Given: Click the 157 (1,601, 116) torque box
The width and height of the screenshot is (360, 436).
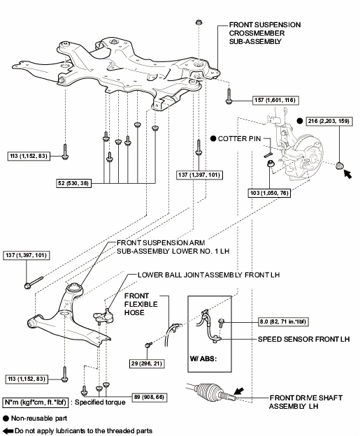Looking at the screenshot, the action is [275, 100].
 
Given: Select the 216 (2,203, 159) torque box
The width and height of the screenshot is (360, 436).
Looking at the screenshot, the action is [329, 122].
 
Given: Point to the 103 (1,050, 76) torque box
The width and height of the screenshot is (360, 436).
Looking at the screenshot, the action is [269, 193].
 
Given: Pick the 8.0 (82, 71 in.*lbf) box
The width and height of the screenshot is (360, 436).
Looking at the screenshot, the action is [283, 321].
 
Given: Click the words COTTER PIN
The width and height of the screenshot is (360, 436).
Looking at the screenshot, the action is [239, 139].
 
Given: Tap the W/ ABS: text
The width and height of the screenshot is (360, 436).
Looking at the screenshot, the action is [203, 358].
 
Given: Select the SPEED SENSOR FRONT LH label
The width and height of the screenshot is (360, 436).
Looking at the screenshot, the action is [303, 340].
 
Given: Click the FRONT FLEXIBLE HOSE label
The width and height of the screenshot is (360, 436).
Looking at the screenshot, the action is [141, 304].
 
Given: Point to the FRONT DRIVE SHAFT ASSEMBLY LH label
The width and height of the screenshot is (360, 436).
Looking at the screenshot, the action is [305, 402].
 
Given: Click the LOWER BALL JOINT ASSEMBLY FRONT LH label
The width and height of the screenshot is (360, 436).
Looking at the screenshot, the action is [208, 275].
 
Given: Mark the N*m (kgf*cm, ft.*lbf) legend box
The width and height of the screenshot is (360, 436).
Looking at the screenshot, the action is [36, 402].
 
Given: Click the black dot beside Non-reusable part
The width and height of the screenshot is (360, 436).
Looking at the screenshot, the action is [6, 419].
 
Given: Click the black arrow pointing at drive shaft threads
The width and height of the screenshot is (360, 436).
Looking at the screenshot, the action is [238, 391].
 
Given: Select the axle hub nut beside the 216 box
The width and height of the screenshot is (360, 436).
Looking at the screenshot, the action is [339, 166].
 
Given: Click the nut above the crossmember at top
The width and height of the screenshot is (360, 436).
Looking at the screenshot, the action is [199, 22].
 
